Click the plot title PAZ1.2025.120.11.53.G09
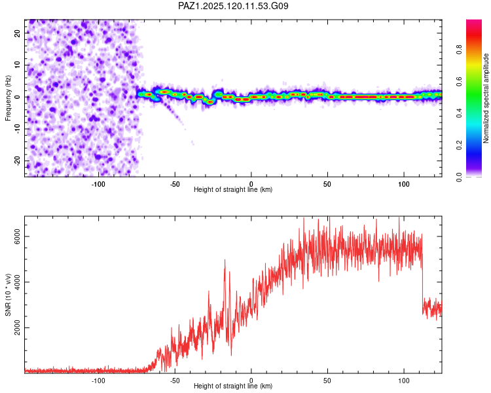(x=233, y=6)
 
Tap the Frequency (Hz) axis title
(x=8, y=98)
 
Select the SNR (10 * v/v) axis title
(x=8, y=295)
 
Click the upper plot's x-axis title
(x=233, y=189)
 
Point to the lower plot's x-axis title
(x=233, y=386)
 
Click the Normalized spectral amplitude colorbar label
(x=486, y=98)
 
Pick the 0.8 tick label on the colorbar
(x=459, y=50)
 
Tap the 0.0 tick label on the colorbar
(x=459, y=177)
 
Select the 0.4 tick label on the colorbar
(x=459, y=113)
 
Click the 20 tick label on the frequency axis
(x=17, y=33)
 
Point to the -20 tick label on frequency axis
(x=17, y=161)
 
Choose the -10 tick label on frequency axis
(x=17, y=129)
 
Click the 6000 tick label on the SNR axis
(x=17, y=236)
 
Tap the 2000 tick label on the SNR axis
(x=17, y=327)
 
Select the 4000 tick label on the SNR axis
(x=17, y=282)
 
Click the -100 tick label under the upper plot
(x=98, y=184)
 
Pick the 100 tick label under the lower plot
(x=404, y=381)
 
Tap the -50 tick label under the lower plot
(x=175, y=381)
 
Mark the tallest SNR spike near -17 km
(x=225, y=260)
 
